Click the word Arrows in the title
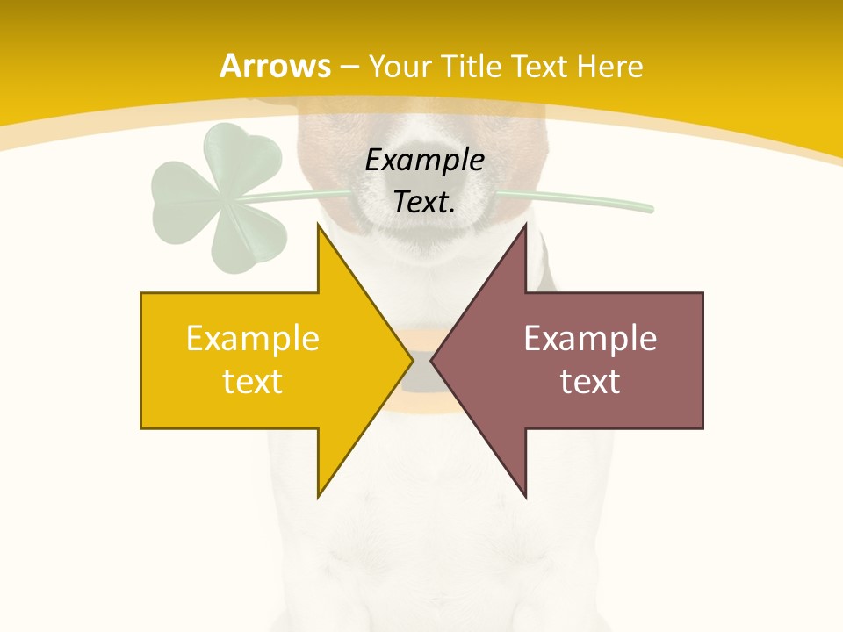click(x=275, y=66)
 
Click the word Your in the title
click(x=400, y=66)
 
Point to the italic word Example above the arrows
click(x=425, y=161)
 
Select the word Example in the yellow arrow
click(x=253, y=338)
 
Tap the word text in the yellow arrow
click(x=253, y=381)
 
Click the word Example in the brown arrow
click(x=590, y=338)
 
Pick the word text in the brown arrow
click(x=590, y=381)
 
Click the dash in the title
click(x=349, y=67)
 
